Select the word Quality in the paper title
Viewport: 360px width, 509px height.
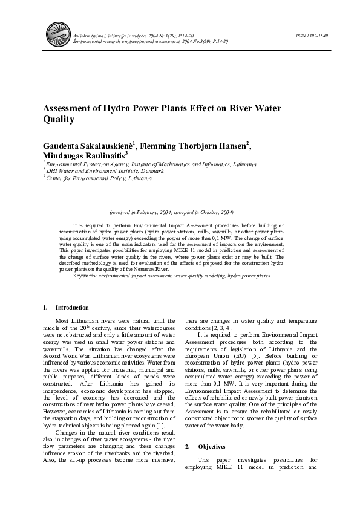(x=59, y=120)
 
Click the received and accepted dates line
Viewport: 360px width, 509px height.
(x=171, y=213)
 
